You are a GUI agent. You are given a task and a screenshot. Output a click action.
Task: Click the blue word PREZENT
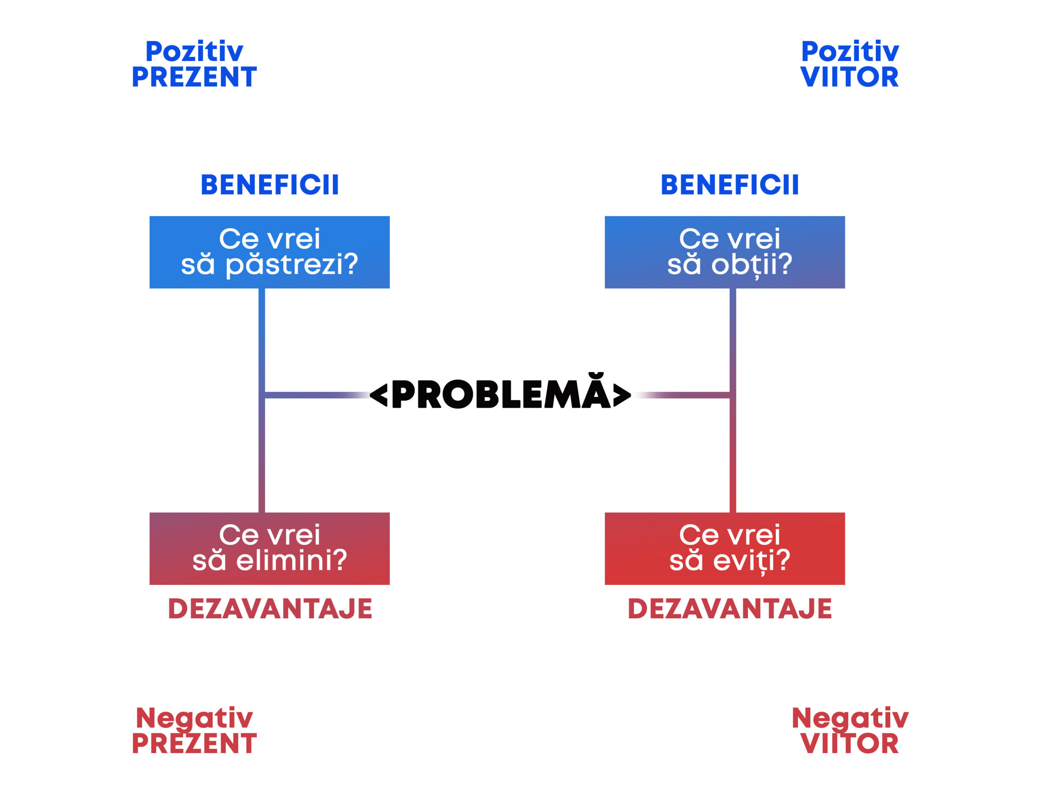[x=194, y=77]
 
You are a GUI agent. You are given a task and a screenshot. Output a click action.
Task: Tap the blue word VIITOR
[x=849, y=77]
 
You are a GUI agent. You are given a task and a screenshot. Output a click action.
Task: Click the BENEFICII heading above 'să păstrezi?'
[x=270, y=185]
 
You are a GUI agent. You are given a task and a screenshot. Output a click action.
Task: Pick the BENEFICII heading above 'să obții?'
[x=730, y=185]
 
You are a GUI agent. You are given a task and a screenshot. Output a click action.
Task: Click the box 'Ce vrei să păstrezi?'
[x=270, y=252]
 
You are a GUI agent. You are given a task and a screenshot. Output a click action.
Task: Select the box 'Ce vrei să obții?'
[x=725, y=252]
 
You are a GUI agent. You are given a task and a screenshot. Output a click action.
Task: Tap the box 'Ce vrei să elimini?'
[x=270, y=549]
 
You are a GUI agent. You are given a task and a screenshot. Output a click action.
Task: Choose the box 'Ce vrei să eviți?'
[x=725, y=549]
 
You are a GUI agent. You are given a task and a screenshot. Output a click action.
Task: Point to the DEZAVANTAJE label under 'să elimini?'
[x=270, y=609]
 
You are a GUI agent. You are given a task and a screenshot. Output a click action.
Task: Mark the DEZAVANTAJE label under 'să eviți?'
[x=730, y=609]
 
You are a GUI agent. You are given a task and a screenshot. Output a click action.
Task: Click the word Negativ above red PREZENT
[x=194, y=718]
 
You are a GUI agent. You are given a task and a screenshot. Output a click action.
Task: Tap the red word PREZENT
[x=194, y=744]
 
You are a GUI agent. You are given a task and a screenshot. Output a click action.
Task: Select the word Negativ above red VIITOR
[x=850, y=718]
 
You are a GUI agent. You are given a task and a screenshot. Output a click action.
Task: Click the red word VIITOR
[x=849, y=744]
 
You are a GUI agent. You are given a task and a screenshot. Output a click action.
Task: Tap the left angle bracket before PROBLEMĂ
[x=379, y=395]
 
